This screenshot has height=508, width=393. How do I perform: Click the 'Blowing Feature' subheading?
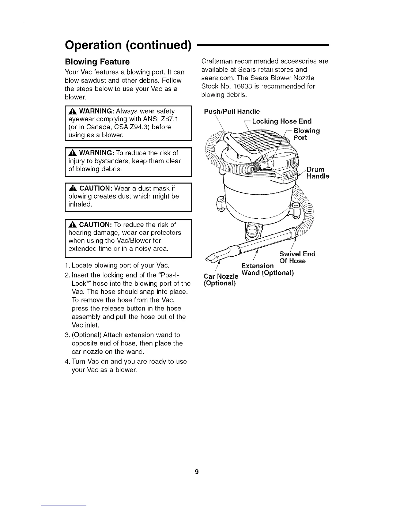[x=97, y=62]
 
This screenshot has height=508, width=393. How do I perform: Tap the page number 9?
[x=197, y=471]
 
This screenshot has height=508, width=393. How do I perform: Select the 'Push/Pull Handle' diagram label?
[x=232, y=112]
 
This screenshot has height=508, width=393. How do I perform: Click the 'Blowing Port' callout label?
[x=307, y=134]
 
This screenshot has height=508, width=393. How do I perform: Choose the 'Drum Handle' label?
[x=318, y=173]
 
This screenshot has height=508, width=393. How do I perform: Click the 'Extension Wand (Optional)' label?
[x=267, y=269]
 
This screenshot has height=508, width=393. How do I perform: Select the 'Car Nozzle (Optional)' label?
[x=221, y=280]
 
